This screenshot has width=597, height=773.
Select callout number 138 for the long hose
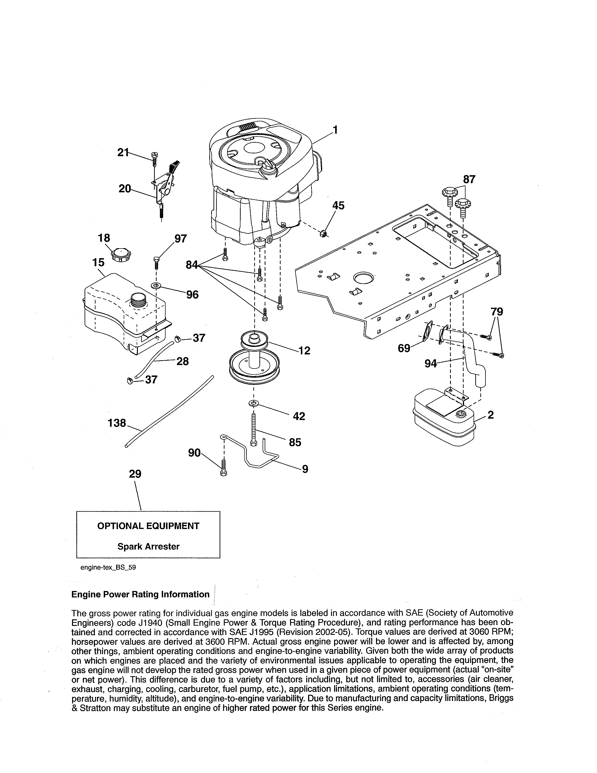117,423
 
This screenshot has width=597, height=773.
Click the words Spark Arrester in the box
148,546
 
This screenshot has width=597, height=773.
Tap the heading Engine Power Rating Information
140,595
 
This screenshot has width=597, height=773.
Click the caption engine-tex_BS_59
108,567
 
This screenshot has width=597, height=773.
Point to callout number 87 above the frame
469,179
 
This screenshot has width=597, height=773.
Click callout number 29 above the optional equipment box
135,474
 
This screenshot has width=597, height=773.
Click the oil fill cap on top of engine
268,165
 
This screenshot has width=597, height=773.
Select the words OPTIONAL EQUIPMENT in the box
148,526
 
